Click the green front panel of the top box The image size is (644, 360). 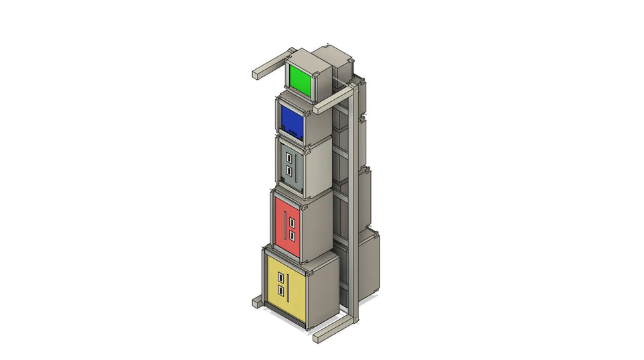301,82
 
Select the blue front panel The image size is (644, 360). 292,121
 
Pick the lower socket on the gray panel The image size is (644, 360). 289,171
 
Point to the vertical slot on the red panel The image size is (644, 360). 285,227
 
